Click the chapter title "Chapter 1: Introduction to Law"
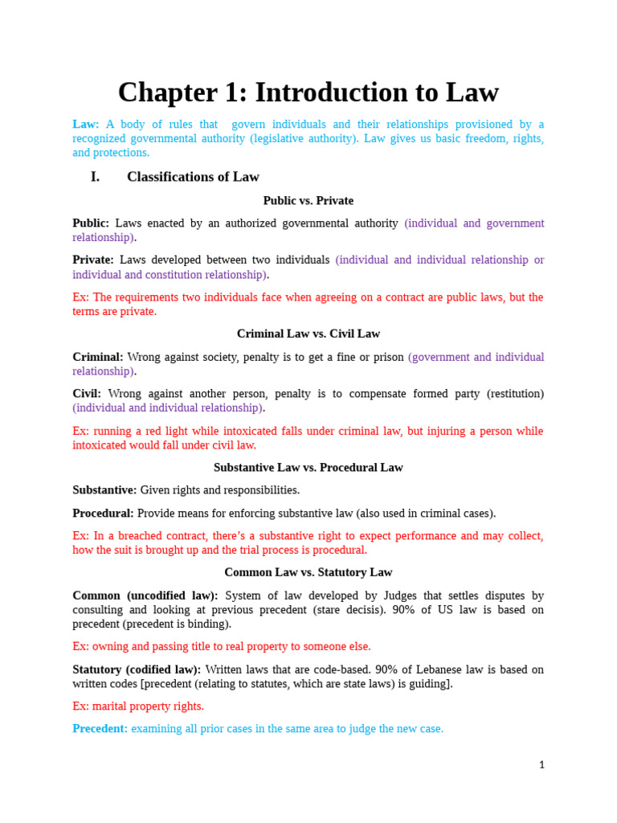(308, 92)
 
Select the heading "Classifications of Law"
(193, 177)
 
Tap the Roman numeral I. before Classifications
(96, 177)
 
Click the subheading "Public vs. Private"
(308, 201)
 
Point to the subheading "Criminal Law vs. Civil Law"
(308, 334)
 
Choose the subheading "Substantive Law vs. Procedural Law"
(308, 467)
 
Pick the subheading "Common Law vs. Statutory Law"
(308, 572)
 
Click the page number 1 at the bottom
(541, 765)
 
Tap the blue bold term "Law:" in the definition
(86, 125)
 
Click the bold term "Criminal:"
(98, 357)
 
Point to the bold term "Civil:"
(87, 394)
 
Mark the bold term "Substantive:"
(104, 490)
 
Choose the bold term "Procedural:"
(103, 514)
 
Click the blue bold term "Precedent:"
(100, 729)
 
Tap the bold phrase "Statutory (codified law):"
(137, 669)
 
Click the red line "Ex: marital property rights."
(138, 706)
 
